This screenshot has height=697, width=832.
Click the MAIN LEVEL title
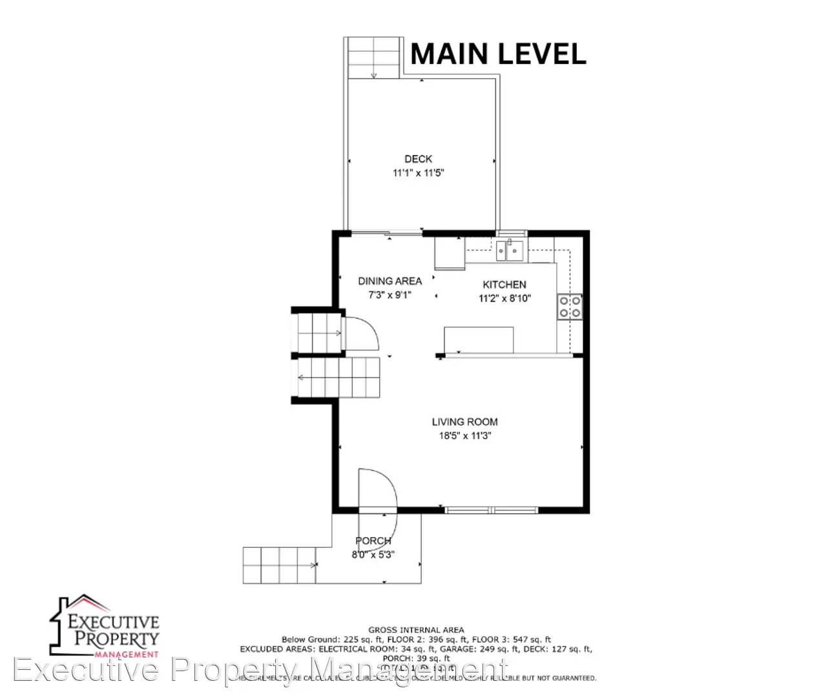click(x=498, y=54)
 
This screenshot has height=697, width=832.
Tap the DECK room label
click(x=418, y=159)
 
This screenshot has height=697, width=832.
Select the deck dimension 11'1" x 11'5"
click(x=418, y=173)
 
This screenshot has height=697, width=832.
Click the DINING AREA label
click(x=390, y=281)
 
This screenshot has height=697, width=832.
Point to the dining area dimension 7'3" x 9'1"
click(x=390, y=295)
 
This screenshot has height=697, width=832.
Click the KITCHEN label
click(x=504, y=285)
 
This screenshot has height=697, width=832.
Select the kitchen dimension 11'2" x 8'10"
click(x=504, y=298)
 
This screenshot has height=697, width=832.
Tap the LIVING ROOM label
click(x=464, y=422)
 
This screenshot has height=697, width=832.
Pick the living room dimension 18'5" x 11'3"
click(x=464, y=436)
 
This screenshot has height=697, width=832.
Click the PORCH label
click(x=373, y=541)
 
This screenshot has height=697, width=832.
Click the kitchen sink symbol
click(x=510, y=250)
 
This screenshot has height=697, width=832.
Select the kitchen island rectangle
click(x=478, y=339)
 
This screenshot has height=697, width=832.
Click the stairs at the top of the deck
click(x=373, y=58)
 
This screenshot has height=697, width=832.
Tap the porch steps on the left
click(x=279, y=565)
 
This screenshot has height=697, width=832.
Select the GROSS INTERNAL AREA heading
click(x=416, y=630)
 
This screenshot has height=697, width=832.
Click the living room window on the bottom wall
click(x=492, y=510)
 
